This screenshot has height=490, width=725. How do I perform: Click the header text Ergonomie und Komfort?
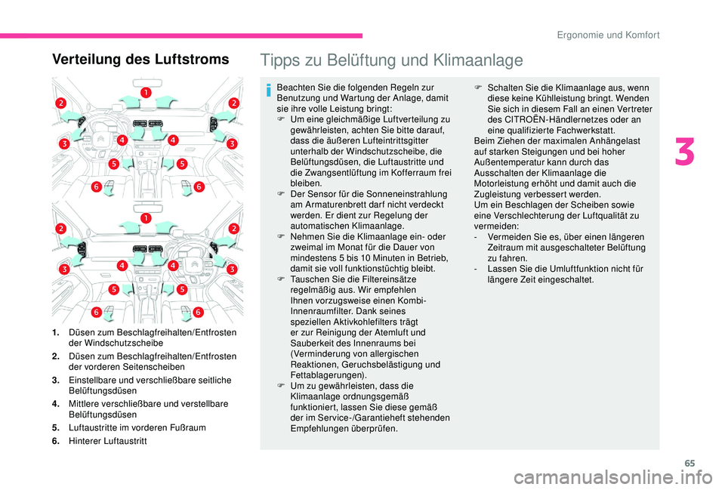(x=612, y=35)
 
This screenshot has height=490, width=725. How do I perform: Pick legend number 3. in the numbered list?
(x=57, y=380)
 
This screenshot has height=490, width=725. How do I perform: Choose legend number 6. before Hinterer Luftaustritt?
(x=57, y=439)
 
